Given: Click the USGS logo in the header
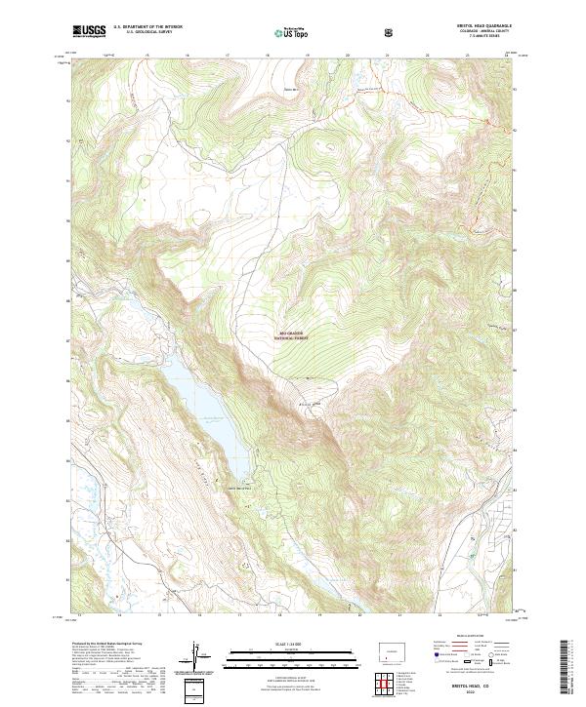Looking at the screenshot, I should tap(90, 31).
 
